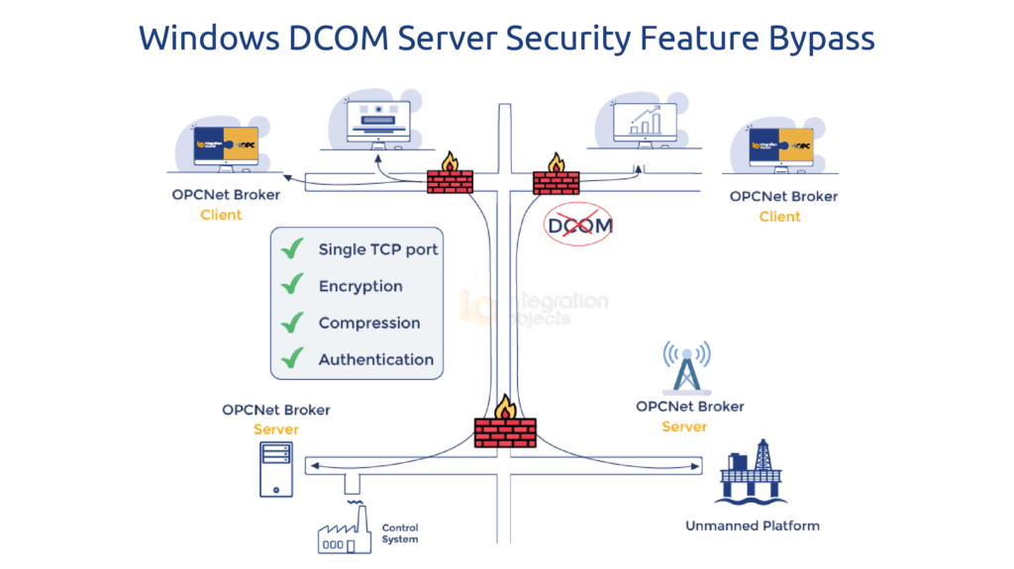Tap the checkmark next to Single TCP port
291,248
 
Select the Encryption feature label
360,286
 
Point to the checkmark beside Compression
291,323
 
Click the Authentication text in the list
375,360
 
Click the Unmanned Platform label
753,525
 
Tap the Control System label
400,533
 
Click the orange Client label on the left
221,215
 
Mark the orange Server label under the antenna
684,427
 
